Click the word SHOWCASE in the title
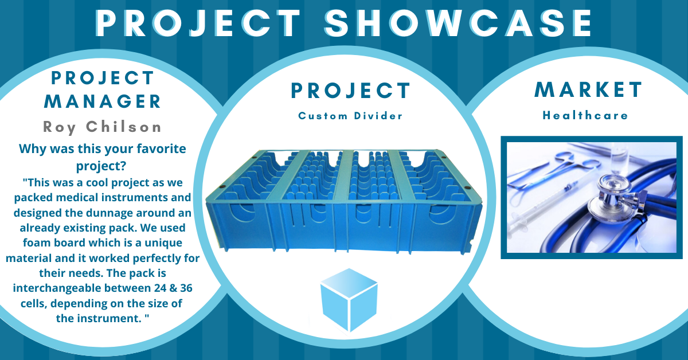[458, 23]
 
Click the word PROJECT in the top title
[198, 24]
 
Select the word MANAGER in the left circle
[103, 101]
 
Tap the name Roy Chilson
[102, 127]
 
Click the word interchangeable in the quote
[57, 288]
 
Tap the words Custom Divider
[350, 116]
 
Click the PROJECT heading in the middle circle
[350, 91]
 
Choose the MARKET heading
[588, 89]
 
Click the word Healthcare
[585, 115]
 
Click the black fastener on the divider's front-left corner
[222, 186]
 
